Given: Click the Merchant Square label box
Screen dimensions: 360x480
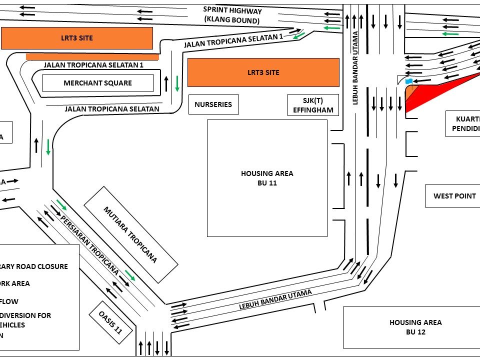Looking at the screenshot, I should tap(97, 83).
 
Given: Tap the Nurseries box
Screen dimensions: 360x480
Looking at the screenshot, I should tap(213, 104).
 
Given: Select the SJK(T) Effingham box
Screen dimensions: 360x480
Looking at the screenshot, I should tap(313, 105).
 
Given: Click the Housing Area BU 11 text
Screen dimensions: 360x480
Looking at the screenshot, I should tap(267, 178).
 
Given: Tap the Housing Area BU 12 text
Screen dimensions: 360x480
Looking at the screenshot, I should tap(415, 327).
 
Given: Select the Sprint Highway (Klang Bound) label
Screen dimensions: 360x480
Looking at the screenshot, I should tap(232, 15).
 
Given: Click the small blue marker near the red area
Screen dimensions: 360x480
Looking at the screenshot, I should tap(409, 81).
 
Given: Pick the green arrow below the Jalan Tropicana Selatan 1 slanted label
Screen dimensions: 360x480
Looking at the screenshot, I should tap(299, 35).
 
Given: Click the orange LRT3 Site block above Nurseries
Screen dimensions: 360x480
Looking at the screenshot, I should tap(263, 72).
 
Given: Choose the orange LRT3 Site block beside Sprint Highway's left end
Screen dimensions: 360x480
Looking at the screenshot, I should tap(76, 38).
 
